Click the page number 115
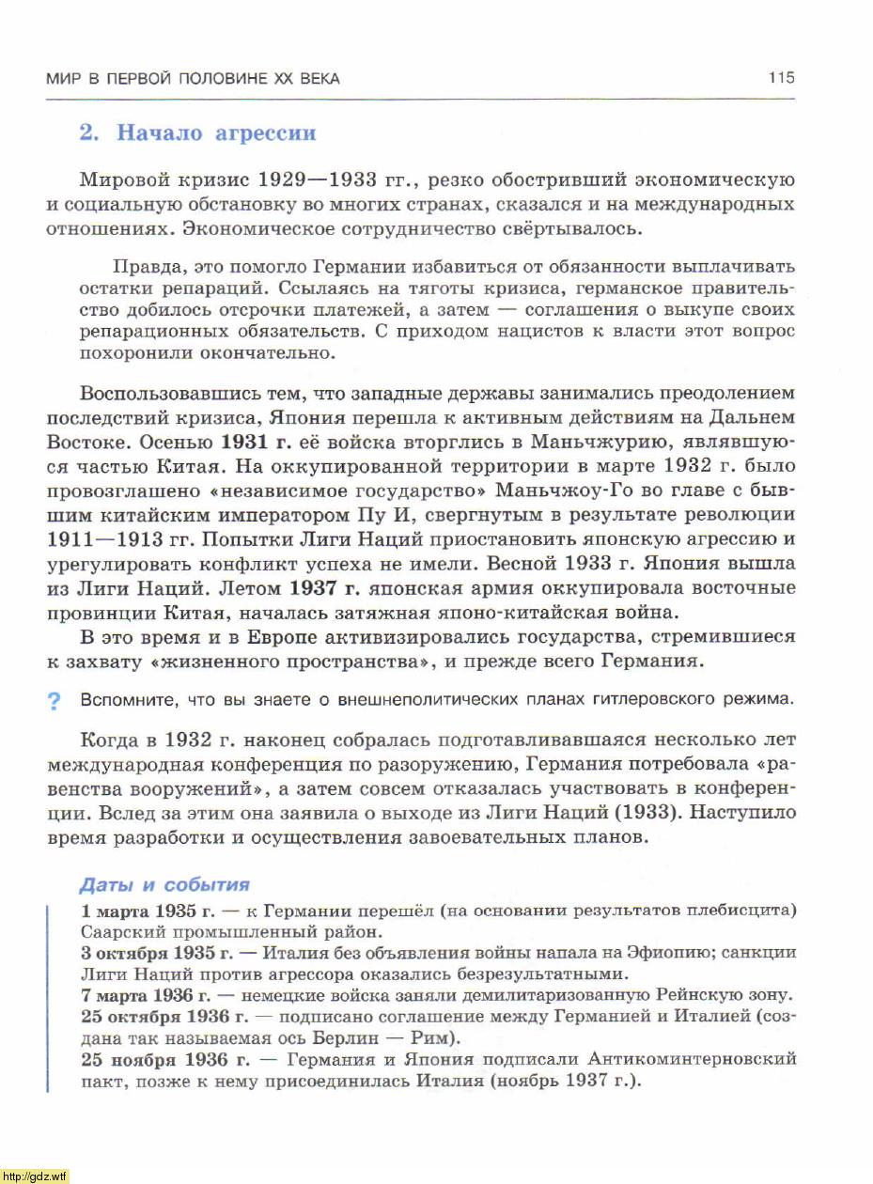[x=781, y=78]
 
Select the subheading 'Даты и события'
[x=164, y=884]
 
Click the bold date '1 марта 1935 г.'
[x=139, y=911]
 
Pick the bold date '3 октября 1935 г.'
[x=148, y=953]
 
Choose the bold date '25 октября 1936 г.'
[x=153, y=1017]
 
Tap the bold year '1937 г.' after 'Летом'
[x=325, y=588]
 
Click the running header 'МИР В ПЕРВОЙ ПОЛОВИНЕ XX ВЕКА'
[x=193, y=79]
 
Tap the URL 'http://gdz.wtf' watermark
[x=35, y=1176]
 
